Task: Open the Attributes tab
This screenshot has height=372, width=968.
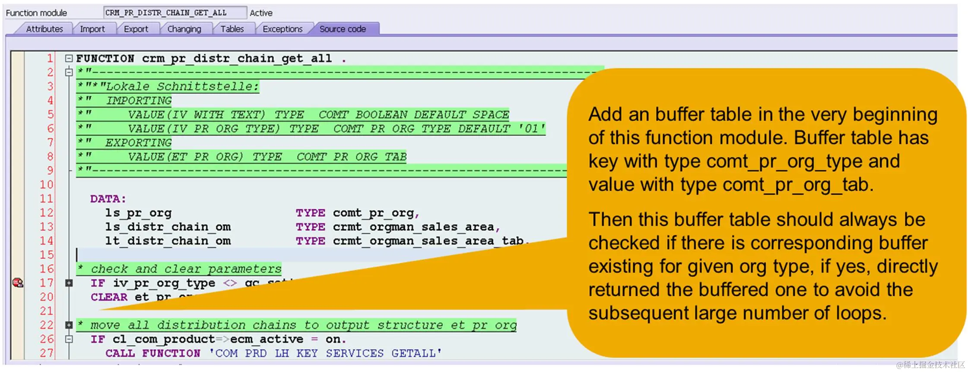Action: (x=44, y=29)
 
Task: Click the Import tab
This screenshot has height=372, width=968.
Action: (x=92, y=29)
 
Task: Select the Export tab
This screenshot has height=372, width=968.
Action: (x=136, y=29)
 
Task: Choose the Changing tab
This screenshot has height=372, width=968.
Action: (x=184, y=29)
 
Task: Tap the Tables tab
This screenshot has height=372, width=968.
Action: (x=232, y=29)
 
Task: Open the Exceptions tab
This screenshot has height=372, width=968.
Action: (x=282, y=29)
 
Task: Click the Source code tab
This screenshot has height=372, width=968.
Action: (x=343, y=29)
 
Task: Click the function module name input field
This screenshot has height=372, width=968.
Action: (x=175, y=13)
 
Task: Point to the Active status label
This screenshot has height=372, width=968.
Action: (x=261, y=13)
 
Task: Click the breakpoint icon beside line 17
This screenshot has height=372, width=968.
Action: (x=18, y=283)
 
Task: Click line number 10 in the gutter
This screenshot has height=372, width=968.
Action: (x=47, y=185)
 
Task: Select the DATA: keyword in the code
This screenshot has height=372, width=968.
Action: (x=108, y=199)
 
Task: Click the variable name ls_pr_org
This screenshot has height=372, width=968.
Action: (x=138, y=213)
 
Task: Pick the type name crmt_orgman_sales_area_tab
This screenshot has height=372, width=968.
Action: (x=428, y=241)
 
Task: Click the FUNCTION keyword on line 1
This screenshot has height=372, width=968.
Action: (x=105, y=58)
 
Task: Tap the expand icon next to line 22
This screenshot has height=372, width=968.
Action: (x=69, y=325)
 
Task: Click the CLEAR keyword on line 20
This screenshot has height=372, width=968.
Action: (x=109, y=297)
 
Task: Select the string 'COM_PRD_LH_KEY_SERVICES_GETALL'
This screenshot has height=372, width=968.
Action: (x=325, y=353)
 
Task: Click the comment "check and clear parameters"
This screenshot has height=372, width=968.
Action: (x=186, y=269)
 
